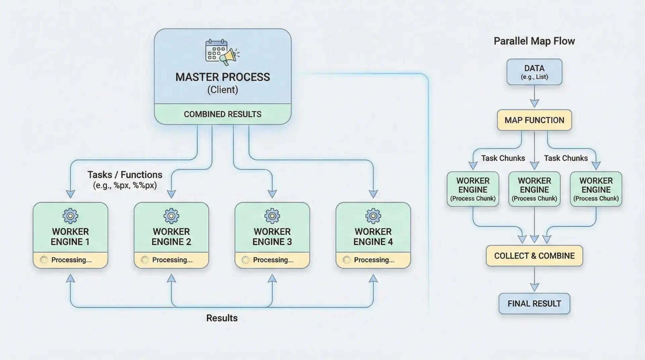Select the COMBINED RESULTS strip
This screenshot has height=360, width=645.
tap(222, 114)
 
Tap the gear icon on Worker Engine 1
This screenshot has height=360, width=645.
tap(71, 216)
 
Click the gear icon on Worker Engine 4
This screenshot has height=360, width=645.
tap(373, 216)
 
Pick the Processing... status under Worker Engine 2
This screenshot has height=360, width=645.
tap(172, 260)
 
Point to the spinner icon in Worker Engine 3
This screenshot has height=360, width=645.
tap(246, 260)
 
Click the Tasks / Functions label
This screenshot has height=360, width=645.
tap(125, 175)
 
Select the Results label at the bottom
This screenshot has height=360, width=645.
tap(222, 318)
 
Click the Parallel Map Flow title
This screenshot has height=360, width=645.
tap(534, 41)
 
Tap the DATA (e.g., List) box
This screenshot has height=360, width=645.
tap(534, 72)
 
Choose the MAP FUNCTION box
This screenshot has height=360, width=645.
tap(534, 120)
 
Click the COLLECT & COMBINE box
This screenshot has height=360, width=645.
tap(534, 256)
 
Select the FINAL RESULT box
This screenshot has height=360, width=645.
tap(534, 304)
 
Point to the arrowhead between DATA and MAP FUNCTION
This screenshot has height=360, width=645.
tap(534, 103)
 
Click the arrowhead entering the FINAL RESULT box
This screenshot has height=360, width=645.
tap(534, 287)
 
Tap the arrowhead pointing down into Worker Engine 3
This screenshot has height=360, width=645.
tap(272, 194)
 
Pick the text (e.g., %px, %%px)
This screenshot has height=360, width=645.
tap(125, 185)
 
